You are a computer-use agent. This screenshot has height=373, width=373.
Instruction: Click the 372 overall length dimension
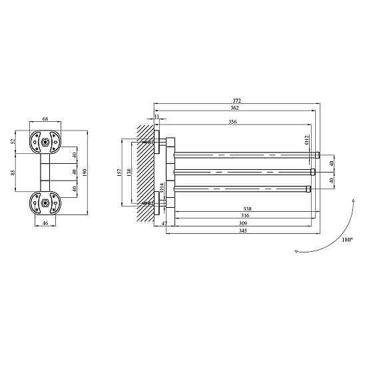237,101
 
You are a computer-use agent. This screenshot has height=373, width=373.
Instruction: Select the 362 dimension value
234,108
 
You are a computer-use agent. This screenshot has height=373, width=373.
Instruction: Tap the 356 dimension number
232,122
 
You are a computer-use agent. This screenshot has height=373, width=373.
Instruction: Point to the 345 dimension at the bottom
243,230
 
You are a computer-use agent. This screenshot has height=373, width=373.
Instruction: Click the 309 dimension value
243,223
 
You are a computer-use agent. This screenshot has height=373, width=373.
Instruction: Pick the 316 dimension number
245,216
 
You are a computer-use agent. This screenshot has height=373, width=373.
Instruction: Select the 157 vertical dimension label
119,173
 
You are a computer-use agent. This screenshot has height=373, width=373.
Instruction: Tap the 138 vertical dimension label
129,173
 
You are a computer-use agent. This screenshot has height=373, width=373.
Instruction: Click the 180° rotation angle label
348,240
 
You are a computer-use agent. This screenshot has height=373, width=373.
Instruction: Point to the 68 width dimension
45,119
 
